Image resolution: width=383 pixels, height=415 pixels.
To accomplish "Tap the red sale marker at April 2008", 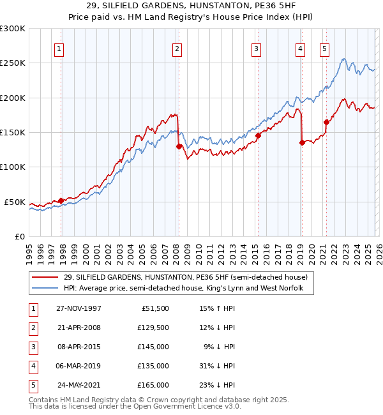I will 179,146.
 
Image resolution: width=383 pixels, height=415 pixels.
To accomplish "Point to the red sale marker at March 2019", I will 301,143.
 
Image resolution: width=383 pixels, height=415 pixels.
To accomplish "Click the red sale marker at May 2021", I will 326,122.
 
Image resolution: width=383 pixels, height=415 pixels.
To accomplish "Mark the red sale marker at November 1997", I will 61,200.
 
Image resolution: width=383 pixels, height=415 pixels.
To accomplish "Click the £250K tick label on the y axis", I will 13,63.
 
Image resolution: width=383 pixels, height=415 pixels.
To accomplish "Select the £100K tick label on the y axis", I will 13,167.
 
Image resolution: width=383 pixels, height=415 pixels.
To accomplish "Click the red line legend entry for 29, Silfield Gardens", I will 185,277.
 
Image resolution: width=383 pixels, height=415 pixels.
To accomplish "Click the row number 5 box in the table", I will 33,385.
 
